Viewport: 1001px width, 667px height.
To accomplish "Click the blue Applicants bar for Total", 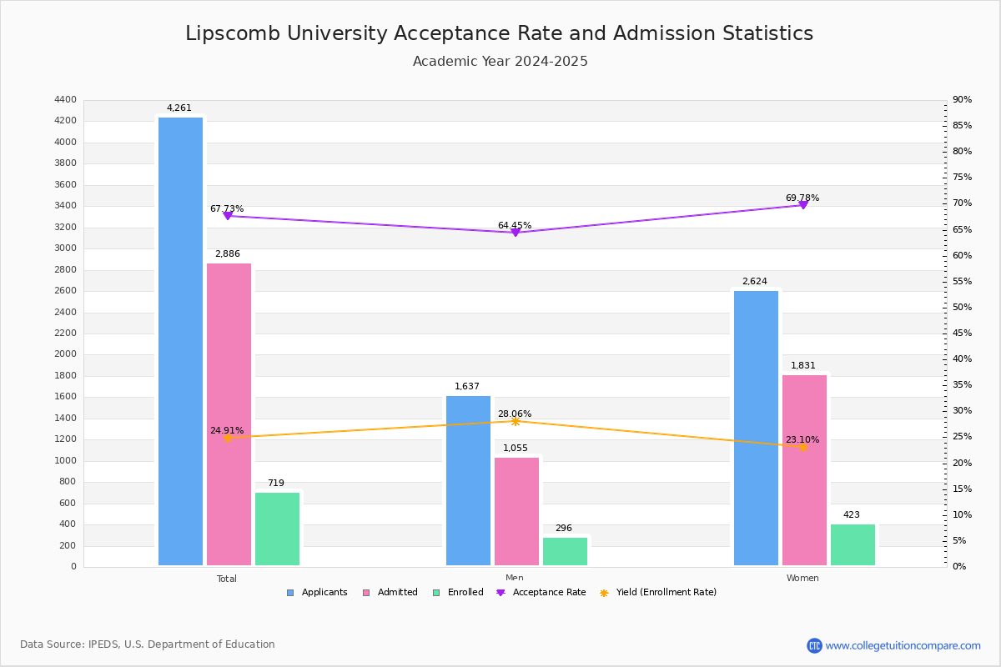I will tap(180, 342).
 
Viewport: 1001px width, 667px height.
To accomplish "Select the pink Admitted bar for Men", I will tap(516, 511).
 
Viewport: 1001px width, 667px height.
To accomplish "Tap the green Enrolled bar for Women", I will tap(853, 544).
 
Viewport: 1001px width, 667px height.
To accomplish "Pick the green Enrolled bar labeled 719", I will tap(277, 529).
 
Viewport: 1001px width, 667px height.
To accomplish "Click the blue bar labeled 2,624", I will tap(756, 428).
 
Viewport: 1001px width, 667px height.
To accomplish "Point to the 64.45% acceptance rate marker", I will tap(515, 232).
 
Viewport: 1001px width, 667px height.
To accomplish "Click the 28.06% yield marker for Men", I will tap(515, 421).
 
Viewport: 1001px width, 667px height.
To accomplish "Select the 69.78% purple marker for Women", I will tap(802, 204).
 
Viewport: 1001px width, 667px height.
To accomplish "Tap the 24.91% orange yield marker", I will tap(227, 437).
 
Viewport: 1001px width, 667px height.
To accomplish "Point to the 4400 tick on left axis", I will tap(65, 100).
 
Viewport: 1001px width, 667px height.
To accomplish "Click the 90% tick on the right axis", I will tap(962, 100).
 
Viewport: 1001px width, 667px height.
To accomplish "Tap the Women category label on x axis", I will tap(802, 579).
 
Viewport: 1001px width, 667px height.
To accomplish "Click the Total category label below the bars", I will tap(227, 579).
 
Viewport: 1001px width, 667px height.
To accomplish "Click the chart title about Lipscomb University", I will tap(499, 33).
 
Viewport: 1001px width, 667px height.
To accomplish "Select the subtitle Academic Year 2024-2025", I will tap(500, 62).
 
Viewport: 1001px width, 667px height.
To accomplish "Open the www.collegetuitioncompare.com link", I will tap(903, 645).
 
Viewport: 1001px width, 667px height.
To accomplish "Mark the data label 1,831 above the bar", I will tap(803, 365).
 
